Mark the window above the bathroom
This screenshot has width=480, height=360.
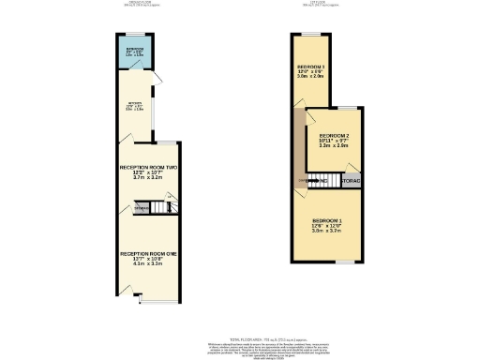point(134,36)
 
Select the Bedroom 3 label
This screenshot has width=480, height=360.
point(311,67)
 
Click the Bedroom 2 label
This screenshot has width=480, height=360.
point(334,135)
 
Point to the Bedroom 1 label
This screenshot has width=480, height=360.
point(325,220)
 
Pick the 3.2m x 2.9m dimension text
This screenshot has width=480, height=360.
point(334,146)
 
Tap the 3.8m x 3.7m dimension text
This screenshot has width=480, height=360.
point(325,232)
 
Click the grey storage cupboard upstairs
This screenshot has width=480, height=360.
point(351,179)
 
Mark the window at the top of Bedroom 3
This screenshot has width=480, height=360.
point(312,35)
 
